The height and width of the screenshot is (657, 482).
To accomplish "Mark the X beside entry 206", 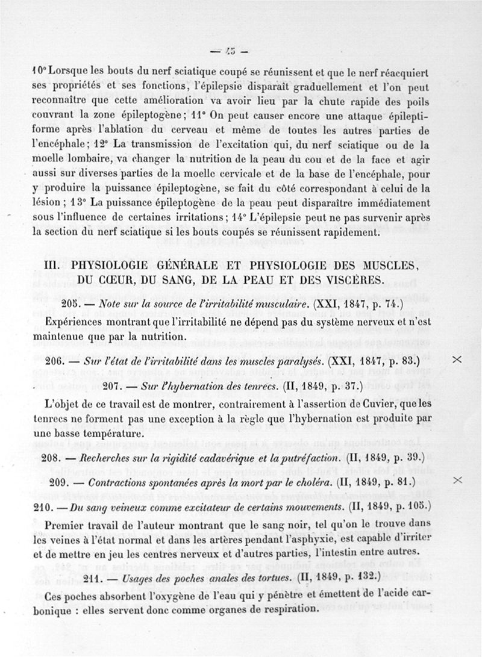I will click(457, 359).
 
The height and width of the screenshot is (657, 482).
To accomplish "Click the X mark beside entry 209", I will click(457, 480).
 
